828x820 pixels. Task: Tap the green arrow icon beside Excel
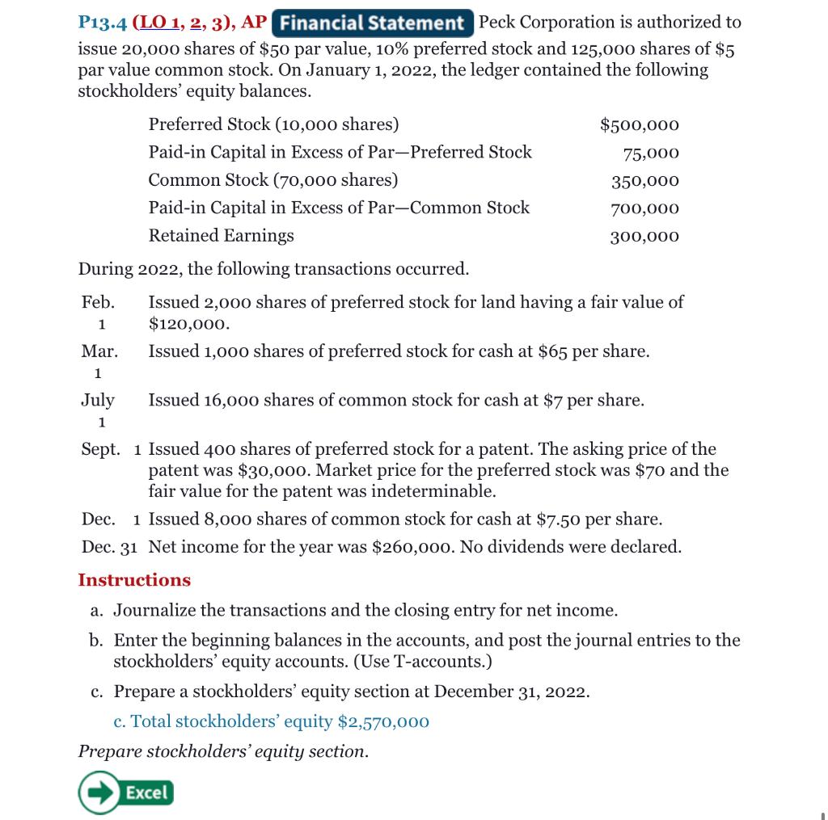click(x=95, y=793)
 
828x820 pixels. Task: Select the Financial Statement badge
click(x=373, y=23)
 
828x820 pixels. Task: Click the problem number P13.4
click(x=102, y=23)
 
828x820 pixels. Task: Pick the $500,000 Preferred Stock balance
click(x=639, y=125)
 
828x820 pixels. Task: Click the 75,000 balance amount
click(x=651, y=153)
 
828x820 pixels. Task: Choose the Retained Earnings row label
click(x=221, y=236)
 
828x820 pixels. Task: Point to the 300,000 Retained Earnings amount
click(x=644, y=237)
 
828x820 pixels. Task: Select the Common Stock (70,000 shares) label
click(x=272, y=180)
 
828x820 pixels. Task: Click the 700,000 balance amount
click(x=644, y=208)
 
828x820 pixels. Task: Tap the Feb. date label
click(x=98, y=303)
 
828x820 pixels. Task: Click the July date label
click(x=98, y=401)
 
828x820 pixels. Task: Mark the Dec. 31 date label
click(x=109, y=547)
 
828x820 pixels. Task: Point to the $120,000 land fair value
click(x=188, y=325)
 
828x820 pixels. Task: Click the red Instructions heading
click(x=134, y=580)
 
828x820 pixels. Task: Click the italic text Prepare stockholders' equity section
click(x=223, y=751)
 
